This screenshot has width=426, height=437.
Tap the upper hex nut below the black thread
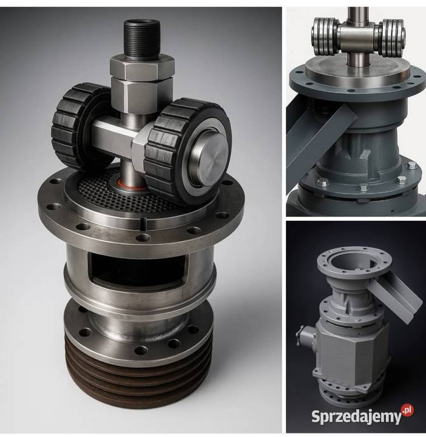tap(142, 67)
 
